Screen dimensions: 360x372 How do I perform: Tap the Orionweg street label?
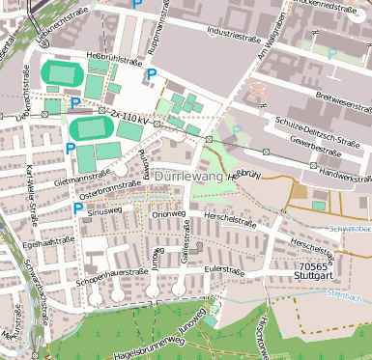[167, 214]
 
